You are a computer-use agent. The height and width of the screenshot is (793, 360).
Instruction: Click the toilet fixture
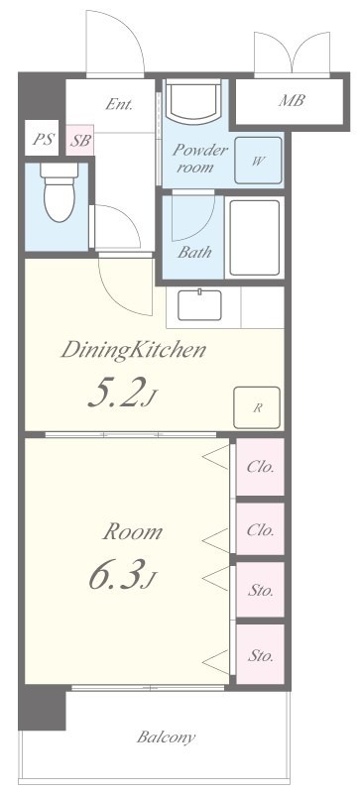pyautogui.click(x=60, y=191)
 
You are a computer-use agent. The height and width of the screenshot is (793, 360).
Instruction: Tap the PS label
pyautogui.click(x=43, y=139)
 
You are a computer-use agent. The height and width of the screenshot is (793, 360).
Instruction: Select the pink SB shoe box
pyautogui.click(x=80, y=140)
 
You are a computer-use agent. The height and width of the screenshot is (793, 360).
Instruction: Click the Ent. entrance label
pyautogui.click(x=119, y=104)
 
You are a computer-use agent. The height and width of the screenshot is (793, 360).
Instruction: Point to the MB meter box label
pyautogui.click(x=292, y=100)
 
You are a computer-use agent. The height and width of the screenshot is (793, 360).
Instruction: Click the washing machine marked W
pyautogui.click(x=258, y=161)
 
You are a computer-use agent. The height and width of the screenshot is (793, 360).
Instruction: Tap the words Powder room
pyautogui.click(x=199, y=159)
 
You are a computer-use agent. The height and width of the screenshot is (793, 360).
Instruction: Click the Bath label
pyautogui.click(x=194, y=252)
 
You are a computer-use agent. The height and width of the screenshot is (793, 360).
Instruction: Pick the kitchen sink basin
pyautogui.click(x=199, y=305)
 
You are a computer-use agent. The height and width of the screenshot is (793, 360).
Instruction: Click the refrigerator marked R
pyautogui.click(x=257, y=407)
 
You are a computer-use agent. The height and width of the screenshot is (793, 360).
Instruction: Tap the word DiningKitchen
pyautogui.click(x=134, y=350)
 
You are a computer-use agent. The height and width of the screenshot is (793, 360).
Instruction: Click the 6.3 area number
pyautogui.click(x=121, y=575)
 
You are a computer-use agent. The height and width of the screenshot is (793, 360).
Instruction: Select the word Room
pyautogui.click(x=133, y=532)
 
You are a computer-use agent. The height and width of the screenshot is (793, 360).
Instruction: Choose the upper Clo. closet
pyautogui.click(x=260, y=467)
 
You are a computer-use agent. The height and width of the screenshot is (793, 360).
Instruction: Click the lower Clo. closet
pyautogui.click(x=260, y=529)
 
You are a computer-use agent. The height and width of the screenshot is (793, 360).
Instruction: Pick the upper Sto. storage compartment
pyautogui.click(x=260, y=590)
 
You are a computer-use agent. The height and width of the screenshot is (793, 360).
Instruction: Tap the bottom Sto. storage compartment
pyautogui.click(x=260, y=654)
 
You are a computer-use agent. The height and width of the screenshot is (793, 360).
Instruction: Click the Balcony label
pyautogui.click(x=166, y=736)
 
